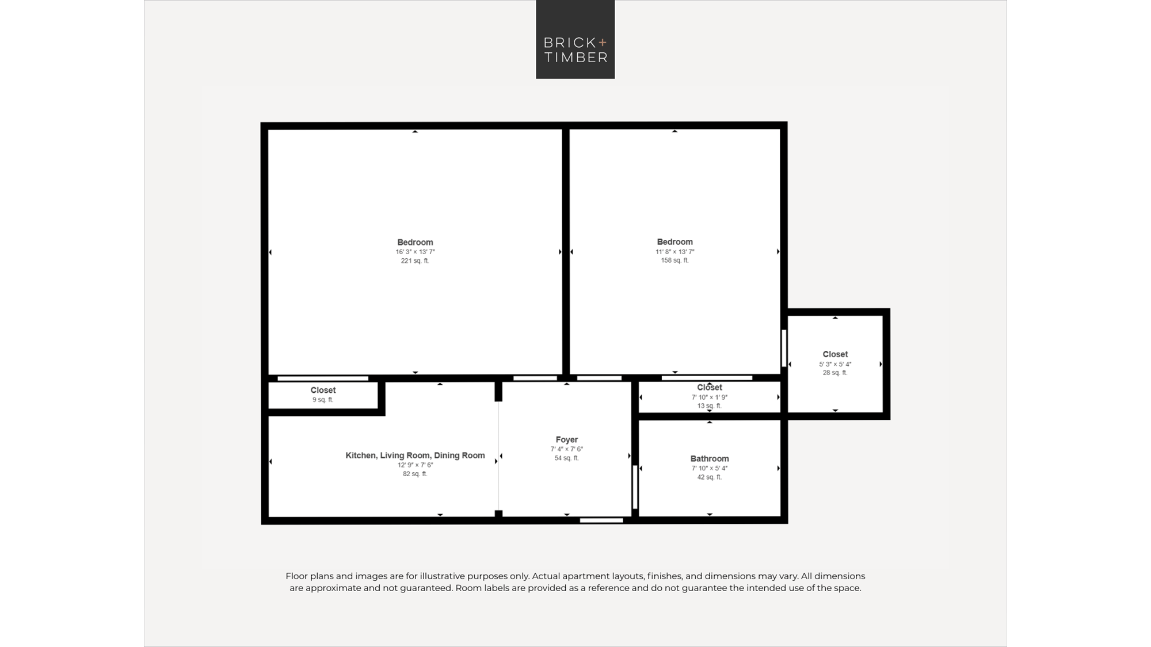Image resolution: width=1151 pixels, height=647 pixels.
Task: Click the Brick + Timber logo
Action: (575, 39)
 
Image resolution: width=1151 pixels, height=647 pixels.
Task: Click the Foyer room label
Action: (567, 439)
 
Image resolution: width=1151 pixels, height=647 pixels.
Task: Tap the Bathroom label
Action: (710, 458)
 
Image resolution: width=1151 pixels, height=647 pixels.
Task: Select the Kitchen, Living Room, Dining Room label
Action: (415, 455)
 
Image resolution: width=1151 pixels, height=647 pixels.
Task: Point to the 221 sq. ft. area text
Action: (415, 261)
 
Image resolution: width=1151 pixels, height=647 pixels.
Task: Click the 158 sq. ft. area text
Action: (674, 260)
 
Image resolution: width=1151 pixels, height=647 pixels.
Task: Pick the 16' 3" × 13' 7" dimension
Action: (415, 252)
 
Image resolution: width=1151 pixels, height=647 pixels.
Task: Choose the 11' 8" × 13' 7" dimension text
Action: (674, 251)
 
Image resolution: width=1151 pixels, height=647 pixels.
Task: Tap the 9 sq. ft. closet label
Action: (323, 400)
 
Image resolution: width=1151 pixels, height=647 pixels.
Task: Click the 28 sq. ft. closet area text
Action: (835, 373)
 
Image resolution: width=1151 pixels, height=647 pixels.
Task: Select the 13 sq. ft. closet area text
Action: (710, 405)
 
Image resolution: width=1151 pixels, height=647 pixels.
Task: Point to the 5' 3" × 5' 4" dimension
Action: (835, 364)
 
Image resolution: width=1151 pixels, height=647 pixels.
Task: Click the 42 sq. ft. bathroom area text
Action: (710, 477)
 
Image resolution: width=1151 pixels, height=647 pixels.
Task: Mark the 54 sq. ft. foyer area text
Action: (567, 458)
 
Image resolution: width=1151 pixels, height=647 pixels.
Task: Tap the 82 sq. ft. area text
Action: (415, 474)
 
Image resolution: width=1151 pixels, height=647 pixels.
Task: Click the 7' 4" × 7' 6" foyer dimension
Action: (567, 449)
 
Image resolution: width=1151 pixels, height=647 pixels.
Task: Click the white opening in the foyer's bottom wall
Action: (601, 520)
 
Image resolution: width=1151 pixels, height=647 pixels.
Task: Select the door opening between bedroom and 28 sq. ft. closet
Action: (784, 348)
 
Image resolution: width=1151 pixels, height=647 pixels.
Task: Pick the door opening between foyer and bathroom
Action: (635, 487)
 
